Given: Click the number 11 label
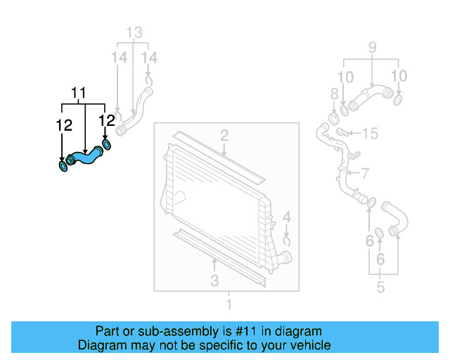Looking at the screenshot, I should (x=78, y=93).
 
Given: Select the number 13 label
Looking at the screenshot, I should (x=134, y=32).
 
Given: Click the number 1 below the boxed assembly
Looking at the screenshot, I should (x=228, y=304).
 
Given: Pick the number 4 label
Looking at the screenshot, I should (x=287, y=217).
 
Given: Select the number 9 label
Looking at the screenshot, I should (x=371, y=49).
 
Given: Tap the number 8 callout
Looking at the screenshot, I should (x=335, y=94).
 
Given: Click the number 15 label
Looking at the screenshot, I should (x=371, y=132).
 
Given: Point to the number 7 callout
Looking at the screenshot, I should (x=365, y=173).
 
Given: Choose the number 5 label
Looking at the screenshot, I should (x=380, y=287).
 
